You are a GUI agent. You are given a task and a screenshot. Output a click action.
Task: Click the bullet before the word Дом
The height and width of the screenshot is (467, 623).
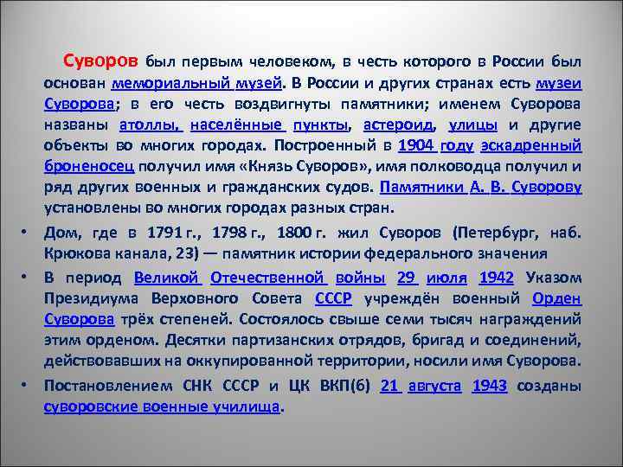(x=29, y=233)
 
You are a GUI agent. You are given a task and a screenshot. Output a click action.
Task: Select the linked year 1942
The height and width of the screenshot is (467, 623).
(x=497, y=279)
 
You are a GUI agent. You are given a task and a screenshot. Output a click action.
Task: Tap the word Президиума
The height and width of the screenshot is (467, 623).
(x=91, y=299)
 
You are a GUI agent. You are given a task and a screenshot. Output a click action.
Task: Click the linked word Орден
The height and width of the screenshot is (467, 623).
(x=557, y=299)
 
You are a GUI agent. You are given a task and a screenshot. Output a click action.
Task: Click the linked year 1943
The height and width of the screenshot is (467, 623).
(x=490, y=386)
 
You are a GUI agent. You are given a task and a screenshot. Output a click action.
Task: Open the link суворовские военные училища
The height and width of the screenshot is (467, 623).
(x=164, y=406)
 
